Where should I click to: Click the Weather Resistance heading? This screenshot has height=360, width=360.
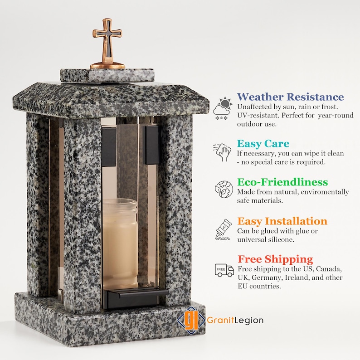coord(290,97)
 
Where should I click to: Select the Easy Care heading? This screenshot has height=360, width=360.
coord(263,144)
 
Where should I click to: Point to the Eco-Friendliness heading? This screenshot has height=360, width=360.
coord(282,182)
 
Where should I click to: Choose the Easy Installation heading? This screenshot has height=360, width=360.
coord(282,221)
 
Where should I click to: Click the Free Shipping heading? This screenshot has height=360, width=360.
coord(275,259)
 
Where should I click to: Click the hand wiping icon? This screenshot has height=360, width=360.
coord(223,152)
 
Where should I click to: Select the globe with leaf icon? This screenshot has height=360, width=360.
coord(224,189)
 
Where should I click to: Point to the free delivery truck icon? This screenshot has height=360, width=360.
coord(224,270)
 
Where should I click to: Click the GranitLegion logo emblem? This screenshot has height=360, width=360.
coord(189,319)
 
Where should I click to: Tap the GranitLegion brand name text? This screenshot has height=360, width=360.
coord(235,320)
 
